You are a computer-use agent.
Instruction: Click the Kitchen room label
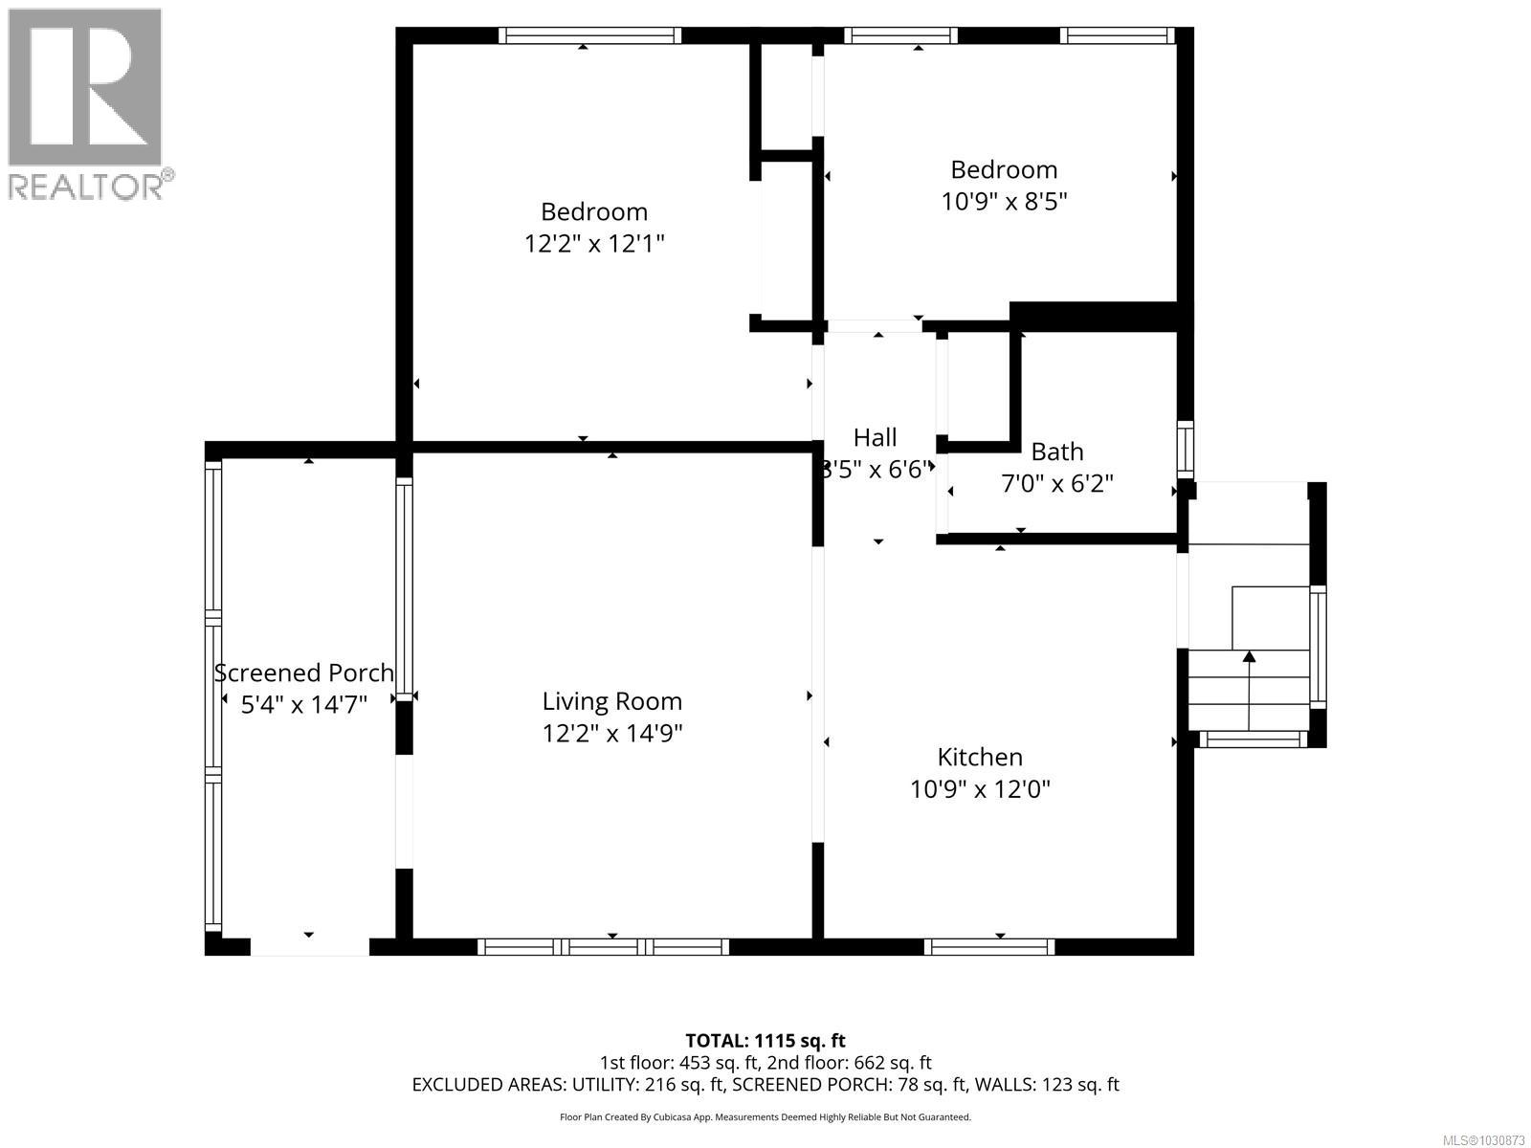click(980, 757)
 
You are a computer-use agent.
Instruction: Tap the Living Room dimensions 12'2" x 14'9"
click(612, 734)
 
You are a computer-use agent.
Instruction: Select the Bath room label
click(1056, 451)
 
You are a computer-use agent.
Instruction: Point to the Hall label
click(875, 437)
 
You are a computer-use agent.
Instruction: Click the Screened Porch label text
click(304, 673)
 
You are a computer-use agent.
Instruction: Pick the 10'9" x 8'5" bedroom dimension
click(1004, 202)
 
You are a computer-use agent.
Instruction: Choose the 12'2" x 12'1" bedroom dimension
click(594, 244)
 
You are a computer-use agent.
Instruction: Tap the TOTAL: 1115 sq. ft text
click(765, 1040)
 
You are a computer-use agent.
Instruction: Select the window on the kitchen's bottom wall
click(989, 946)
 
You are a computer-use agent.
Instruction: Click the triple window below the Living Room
click(603, 946)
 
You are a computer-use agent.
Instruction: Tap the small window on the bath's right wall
click(1186, 450)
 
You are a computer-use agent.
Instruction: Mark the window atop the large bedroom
click(590, 35)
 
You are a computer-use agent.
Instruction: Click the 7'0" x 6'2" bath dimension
click(1056, 484)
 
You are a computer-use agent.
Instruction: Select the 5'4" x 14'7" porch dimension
click(304, 705)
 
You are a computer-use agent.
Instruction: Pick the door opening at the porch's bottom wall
click(309, 946)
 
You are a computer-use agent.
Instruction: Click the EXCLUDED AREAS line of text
click(765, 1085)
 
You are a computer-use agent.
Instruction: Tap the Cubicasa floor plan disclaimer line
click(765, 1116)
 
